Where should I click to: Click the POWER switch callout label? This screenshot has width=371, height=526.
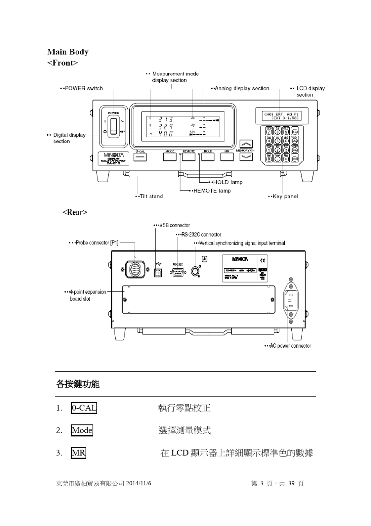[83, 88]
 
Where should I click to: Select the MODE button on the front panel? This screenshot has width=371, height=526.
[170, 157]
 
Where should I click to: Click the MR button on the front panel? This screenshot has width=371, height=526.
[227, 157]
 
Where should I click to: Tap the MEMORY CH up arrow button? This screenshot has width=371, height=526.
[246, 144]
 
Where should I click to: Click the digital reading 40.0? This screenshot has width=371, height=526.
[165, 133]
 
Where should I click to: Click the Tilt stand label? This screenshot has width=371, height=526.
[150, 196]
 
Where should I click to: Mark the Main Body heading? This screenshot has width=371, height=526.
[68, 52]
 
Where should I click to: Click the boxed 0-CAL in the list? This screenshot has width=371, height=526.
[84, 408]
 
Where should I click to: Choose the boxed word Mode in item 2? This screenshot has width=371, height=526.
[82, 431]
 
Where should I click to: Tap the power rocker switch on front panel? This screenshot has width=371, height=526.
[113, 126]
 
